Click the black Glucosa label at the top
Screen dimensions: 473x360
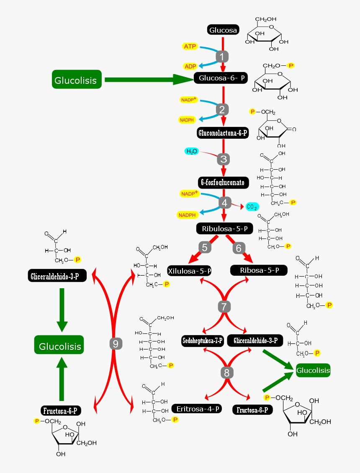point(223,30)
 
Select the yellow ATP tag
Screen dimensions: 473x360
point(190,47)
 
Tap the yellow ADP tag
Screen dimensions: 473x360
point(190,67)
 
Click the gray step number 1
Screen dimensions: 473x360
point(222,56)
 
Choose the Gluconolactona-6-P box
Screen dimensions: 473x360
point(222,133)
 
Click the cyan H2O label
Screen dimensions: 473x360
point(192,151)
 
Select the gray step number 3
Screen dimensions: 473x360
point(224,159)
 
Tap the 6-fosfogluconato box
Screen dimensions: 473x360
point(224,183)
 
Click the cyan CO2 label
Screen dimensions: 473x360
point(252,207)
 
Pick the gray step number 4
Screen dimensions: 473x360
point(224,203)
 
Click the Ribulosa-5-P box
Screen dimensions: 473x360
point(225,229)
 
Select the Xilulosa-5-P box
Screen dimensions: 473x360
point(189,271)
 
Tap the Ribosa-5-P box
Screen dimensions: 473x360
point(259,270)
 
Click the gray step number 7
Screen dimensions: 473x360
point(224,306)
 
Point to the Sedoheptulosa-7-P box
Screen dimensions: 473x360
point(203,341)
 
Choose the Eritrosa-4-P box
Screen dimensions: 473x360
point(196,408)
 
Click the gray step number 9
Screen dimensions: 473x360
point(116,344)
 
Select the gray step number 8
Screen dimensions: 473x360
point(226,372)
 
